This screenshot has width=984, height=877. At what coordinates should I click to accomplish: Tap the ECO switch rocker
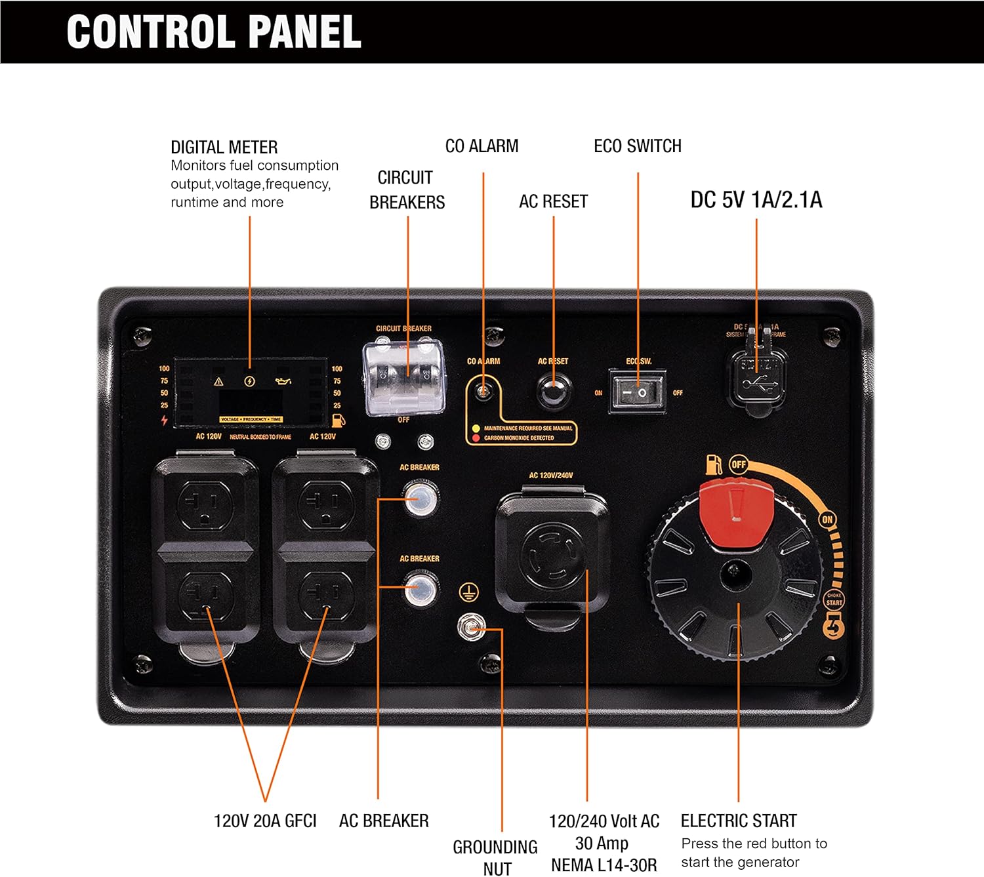[637, 392]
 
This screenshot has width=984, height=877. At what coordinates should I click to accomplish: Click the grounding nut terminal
[470, 628]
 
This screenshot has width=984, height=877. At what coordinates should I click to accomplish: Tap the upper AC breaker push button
[420, 498]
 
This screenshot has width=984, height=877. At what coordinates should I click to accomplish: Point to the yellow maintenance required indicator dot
[476, 428]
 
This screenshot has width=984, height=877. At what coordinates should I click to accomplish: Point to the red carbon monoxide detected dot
[476, 438]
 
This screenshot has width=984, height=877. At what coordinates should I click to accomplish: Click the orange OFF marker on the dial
[739, 464]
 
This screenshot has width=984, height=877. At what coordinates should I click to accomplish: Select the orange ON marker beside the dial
[827, 520]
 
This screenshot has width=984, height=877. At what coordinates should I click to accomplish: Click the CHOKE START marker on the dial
[834, 599]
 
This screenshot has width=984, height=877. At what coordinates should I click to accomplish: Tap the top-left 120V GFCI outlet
[205, 504]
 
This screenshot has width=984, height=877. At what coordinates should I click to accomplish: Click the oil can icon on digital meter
[283, 381]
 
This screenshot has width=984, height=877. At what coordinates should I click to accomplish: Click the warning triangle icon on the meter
[218, 381]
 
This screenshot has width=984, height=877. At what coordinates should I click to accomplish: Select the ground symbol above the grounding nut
[468, 593]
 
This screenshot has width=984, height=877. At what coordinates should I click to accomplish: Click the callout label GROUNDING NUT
[495, 857]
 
